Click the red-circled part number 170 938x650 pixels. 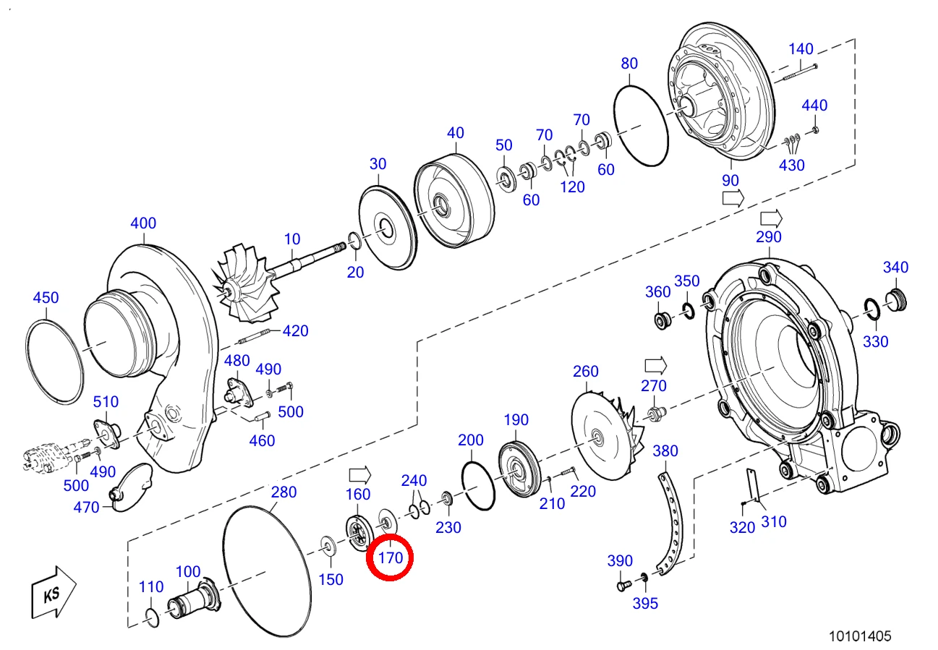(391, 557)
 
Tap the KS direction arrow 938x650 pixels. (54, 592)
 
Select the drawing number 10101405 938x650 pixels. (860, 636)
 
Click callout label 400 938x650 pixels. (143, 223)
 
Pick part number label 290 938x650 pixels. (768, 237)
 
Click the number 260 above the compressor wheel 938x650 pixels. (585, 371)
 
